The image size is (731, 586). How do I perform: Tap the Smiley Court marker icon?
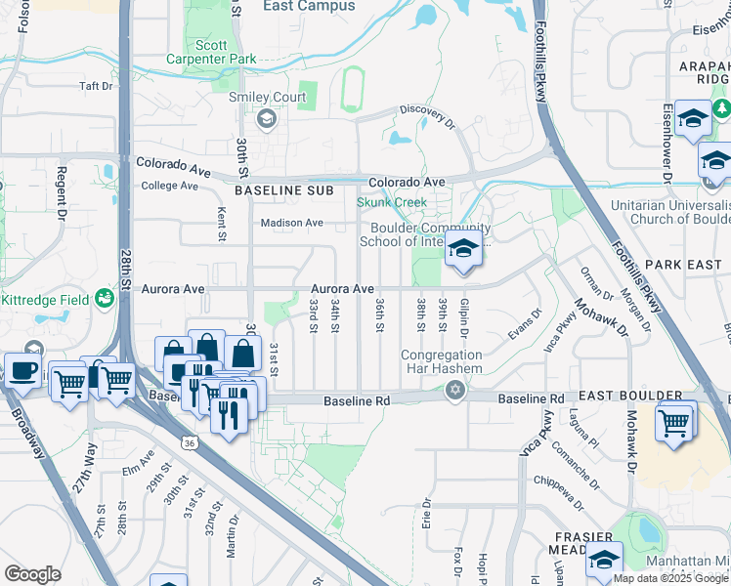tap(265, 119)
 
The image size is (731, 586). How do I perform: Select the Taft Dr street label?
tap(96, 86)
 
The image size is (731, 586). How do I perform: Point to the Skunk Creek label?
tap(391, 202)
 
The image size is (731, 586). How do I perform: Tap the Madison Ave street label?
tap(291, 223)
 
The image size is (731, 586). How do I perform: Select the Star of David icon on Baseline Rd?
tap(453, 391)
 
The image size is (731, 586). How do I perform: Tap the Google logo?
tap(32, 573)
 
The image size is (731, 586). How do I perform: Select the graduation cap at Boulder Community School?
tap(462, 250)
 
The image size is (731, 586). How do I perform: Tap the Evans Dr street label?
tap(525, 324)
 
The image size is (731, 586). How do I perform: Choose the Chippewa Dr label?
tap(560, 481)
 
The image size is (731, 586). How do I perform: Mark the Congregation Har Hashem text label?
tap(440, 361)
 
